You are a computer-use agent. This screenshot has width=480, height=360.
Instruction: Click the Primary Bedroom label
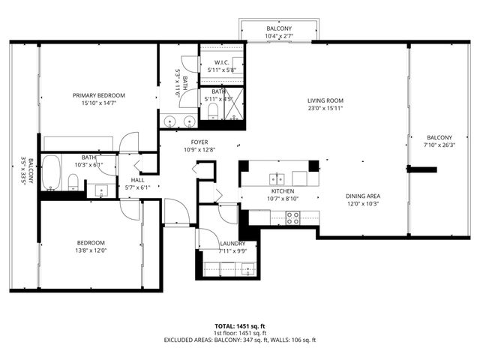pos(99,95)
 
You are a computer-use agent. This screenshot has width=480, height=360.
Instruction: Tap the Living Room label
pos(325,100)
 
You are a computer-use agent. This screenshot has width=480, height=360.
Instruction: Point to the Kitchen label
pos(284,191)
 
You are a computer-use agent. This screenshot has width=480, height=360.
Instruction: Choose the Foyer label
pos(199,142)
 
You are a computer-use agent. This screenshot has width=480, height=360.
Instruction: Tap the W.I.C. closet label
pos(221,62)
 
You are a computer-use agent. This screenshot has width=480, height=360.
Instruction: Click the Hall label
pos(137,180)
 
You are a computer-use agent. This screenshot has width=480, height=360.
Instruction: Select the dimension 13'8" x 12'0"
pos(90,250)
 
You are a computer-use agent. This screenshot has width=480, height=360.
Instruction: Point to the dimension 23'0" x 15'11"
pos(325,109)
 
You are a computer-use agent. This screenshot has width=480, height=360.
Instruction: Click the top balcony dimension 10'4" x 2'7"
pos(278,36)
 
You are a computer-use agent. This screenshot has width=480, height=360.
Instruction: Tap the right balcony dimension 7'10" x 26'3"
pos(439,145)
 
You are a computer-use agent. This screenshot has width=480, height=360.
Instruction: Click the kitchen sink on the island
pos(278,178)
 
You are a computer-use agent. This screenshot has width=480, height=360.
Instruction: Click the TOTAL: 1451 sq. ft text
pos(239,326)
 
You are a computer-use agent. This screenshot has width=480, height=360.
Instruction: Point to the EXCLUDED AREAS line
pos(239,340)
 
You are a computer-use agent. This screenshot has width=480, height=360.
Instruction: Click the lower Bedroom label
pos(90,242)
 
